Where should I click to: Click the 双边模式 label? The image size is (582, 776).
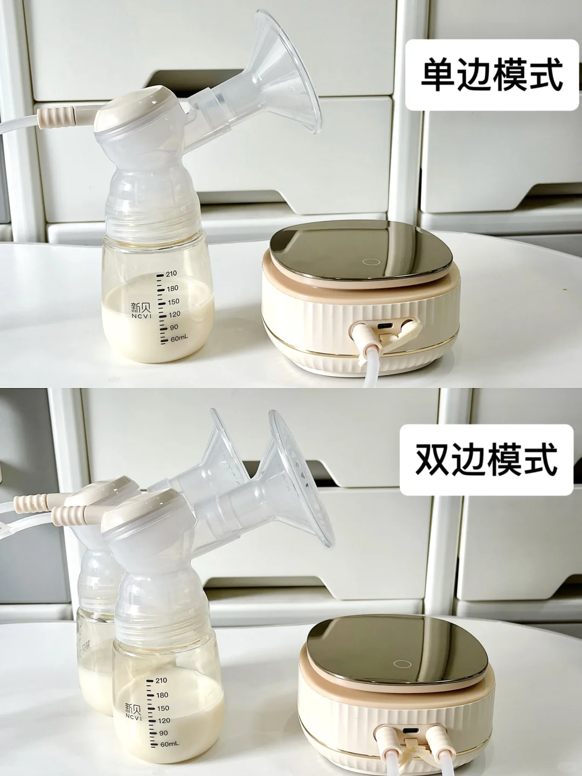coord(486,459)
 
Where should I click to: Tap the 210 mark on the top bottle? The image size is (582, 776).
coord(170,274)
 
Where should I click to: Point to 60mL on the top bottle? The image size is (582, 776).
coord(178,339)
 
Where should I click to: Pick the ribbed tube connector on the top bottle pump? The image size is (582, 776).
coord(56,115)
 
